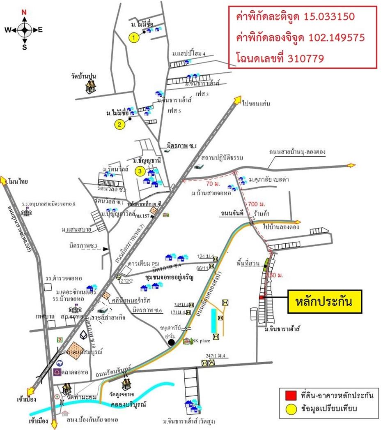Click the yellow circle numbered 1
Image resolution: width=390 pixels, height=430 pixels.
pyautogui.click(x=133, y=38)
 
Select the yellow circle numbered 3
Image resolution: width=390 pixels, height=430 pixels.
pyautogui.click(x=140, y=171)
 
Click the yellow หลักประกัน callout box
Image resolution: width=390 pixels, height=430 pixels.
pyautogui.click(x=324, y=302)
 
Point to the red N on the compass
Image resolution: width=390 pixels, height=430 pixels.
pyautogui.click(x=24, y=12)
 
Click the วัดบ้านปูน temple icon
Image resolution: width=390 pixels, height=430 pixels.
pyautogui.click(x=90, y=87)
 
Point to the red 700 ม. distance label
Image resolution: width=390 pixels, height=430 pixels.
pyautogui.click(x=256, y=204)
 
